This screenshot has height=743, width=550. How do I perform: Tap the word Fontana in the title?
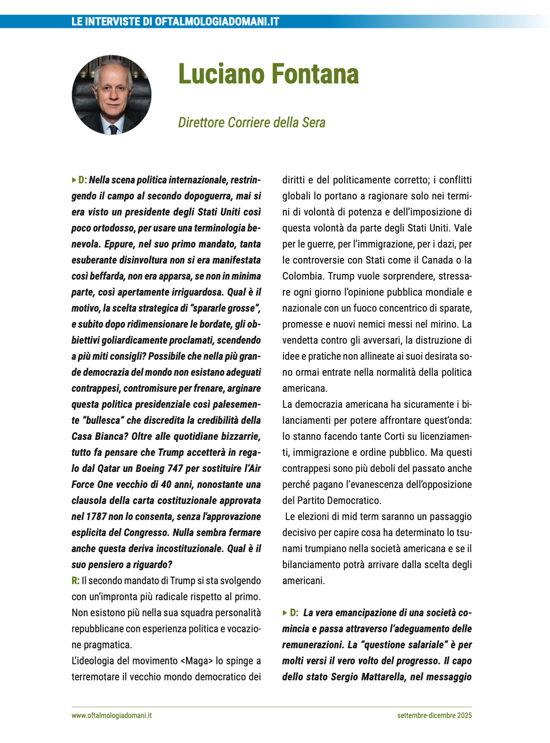[315, 74]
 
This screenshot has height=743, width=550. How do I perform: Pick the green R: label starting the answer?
[75, 581]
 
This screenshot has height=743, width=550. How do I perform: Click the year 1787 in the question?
[96, 517]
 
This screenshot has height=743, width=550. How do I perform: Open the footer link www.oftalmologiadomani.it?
[112, 716]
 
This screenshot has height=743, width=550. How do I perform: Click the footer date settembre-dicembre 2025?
[434, 716]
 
